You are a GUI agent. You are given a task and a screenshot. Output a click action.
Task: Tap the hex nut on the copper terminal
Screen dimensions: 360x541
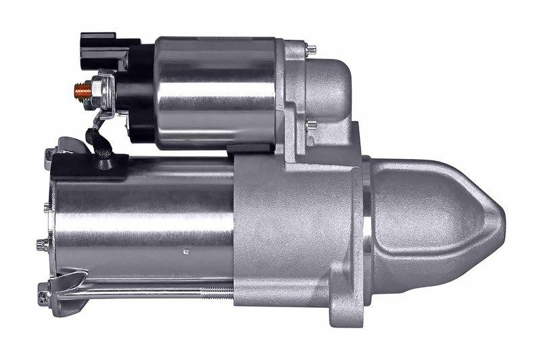(100, 88)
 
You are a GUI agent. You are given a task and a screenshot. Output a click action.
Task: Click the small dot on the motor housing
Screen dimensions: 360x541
(187, 251)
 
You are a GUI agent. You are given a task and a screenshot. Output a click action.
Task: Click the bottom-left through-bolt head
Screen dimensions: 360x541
(43, 296)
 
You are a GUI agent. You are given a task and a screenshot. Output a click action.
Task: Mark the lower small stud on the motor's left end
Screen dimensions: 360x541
(41, 244)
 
